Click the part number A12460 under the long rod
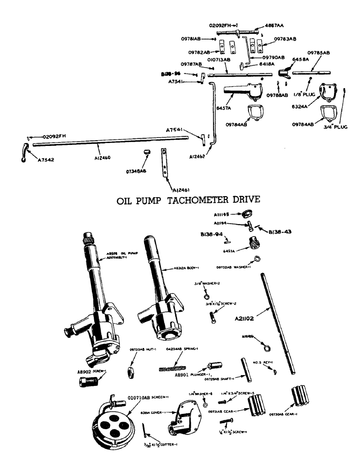tap(102, 158)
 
